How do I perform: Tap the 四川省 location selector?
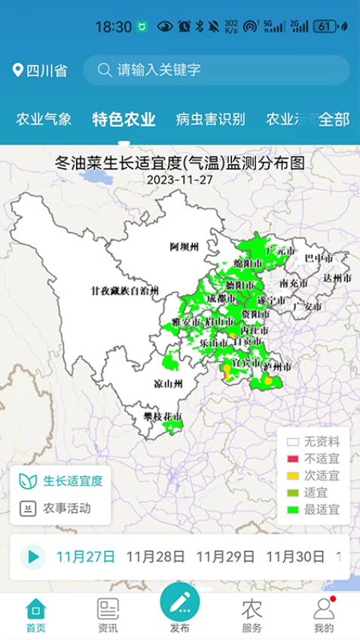pyautogui.click(x=41, y=71)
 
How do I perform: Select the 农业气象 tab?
pyautogui.click(x=44, y=119)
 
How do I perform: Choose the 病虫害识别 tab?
pyautogui.click(x=210, y=119)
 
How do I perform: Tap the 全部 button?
pyautogui.click(x=334, y=119)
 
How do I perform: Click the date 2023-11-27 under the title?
pyautogui.click(x=180, y=180)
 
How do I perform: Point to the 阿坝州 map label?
pyautogui.click(x=183, y=246)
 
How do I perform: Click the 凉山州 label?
pyautogui.click(x=168, y=383)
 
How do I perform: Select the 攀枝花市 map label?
pyautogui.click(x=163, y=416)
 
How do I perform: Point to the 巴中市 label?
pyautogui.click(x=319, y=259)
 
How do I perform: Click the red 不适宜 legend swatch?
pyautogui.click(x=293, y=459)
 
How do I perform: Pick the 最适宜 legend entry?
pyautogui.click(x=313, y=509)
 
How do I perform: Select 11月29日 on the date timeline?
pyautogui.click(x=225, y=557)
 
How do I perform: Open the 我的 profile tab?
pyautogui.click(x=323, y=614)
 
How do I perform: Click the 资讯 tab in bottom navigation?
pyautogui.click(x=108, y=614)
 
